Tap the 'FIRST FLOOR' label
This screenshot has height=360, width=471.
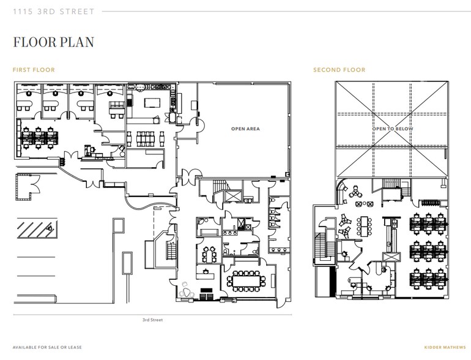click(34, 70)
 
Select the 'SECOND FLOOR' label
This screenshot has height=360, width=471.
click(339, 70)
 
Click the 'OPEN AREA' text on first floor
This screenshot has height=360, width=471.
click(245, 129)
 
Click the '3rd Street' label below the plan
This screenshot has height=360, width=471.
click(152, 320)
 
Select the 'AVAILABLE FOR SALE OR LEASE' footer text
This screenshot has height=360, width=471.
click(46, 347)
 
